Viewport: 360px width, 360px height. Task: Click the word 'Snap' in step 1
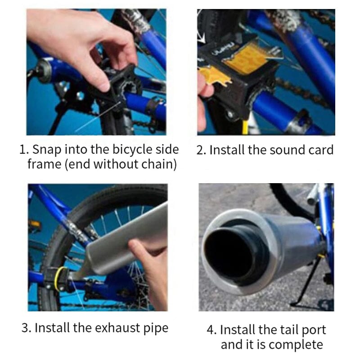[48, 150]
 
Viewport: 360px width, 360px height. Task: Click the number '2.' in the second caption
[202, 150]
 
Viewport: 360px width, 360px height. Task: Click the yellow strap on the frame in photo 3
[58, 279]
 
